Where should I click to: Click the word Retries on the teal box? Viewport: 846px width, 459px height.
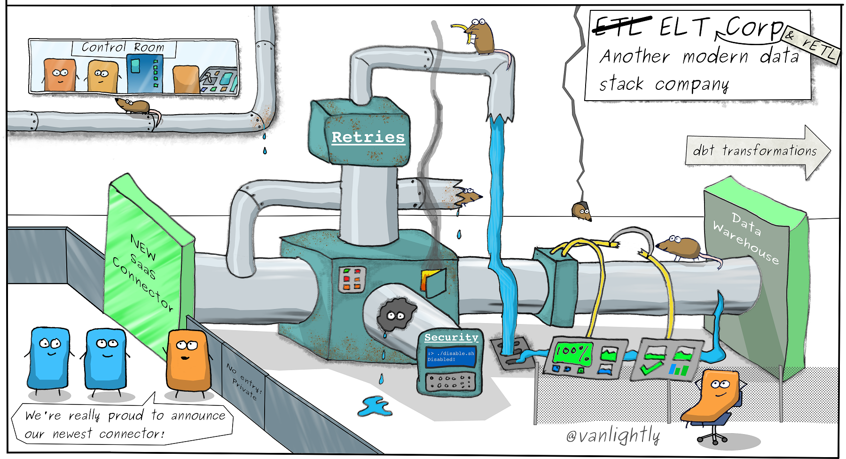coord(368,137)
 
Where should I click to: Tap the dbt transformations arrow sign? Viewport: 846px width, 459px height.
coord(755,151)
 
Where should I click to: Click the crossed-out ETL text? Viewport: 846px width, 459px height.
coord(621,27)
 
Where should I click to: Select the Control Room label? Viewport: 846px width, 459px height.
coord(123,47)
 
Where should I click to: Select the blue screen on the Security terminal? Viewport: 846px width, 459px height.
coord(450,356)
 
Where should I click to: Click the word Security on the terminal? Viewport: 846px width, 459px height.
coord(451,337)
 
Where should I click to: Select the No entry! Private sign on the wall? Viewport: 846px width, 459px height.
coord(243,380)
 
